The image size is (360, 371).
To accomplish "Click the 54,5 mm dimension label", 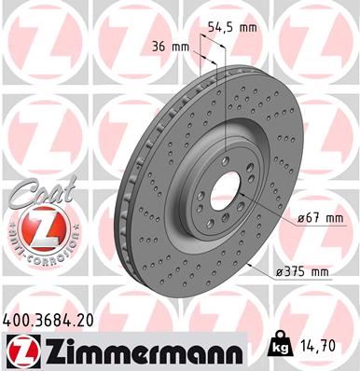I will pos(230,27).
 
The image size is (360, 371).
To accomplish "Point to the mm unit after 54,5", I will pos(246,27).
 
